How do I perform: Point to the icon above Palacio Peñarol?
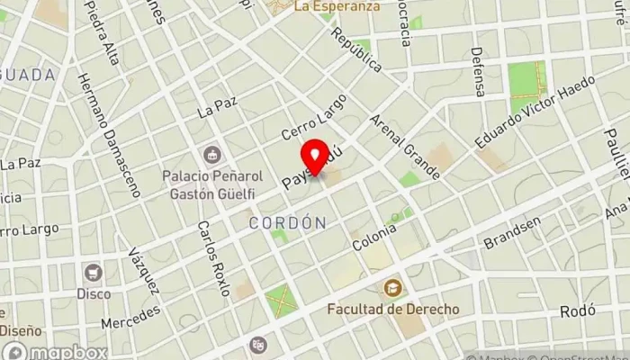pyautogui.click(x=212, y=155)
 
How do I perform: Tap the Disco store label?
pyautogui.click(x=94, y=293)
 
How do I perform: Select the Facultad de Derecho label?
pyautogui.click(x=392, y=310)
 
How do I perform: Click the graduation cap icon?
pyautogui.click(x=392, y=289)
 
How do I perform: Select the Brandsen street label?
pyautogui.click(x=512, y=233)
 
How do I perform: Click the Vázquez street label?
pyautogui.click(x=143, y=270)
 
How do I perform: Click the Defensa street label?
pyautogui.click(x=479, y=72)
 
